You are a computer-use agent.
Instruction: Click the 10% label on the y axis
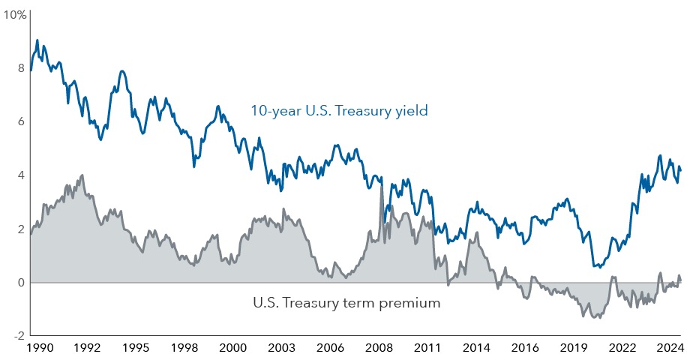16,15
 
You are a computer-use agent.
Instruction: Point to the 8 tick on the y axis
21,68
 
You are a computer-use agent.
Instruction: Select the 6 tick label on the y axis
21,122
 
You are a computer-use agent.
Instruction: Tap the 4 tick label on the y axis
21,175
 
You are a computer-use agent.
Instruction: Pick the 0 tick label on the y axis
21,283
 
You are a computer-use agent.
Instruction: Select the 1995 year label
136,348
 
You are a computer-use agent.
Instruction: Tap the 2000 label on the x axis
232,348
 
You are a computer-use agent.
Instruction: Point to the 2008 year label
379,348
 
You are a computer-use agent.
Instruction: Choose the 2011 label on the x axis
427,348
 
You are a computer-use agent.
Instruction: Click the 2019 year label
573,348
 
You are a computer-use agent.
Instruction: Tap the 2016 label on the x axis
525,348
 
